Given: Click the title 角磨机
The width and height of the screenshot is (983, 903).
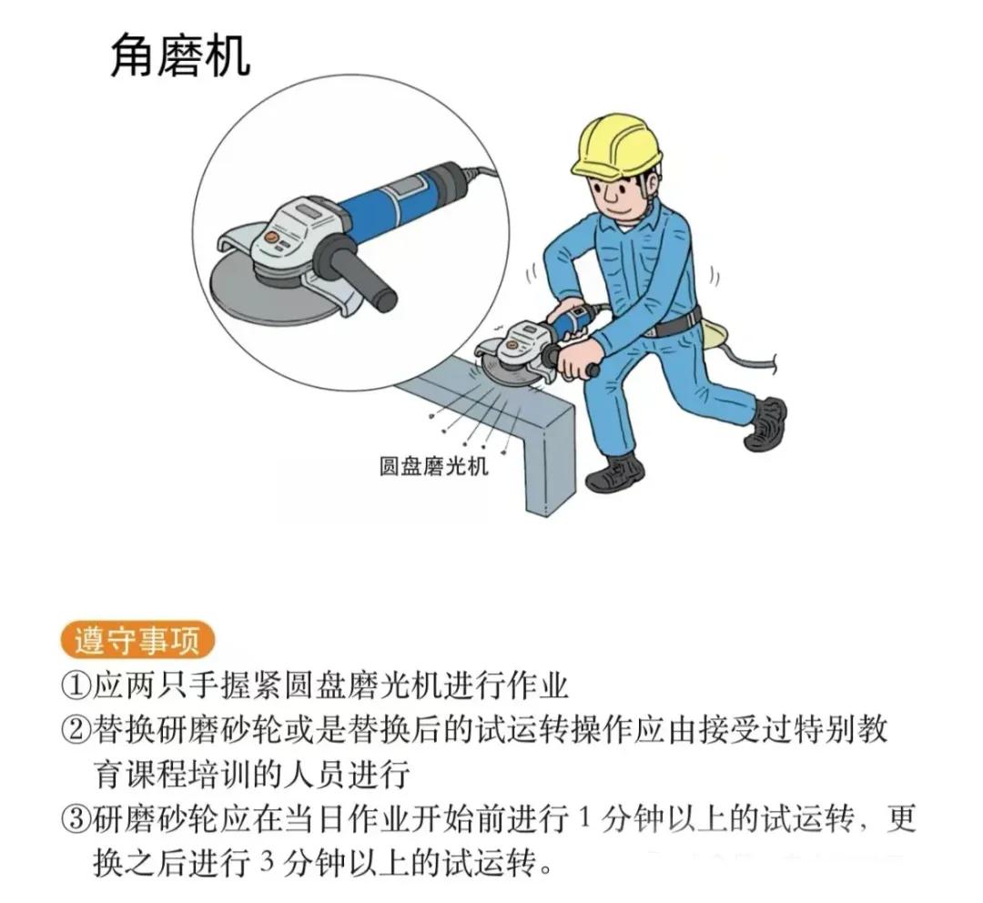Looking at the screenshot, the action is (180, 56).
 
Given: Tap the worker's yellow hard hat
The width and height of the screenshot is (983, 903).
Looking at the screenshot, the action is (616, 146).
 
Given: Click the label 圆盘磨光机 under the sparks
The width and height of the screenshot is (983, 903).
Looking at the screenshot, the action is (434, 466).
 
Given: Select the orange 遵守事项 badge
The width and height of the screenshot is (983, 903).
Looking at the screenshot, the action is (138, 641).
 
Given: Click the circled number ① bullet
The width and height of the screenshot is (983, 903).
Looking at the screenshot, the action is (76, 685).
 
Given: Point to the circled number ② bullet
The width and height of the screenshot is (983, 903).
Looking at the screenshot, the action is (76, 731).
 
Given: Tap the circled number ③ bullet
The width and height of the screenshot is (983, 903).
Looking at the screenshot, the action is (76, 819).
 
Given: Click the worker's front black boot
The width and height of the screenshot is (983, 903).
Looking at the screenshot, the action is (621, 472).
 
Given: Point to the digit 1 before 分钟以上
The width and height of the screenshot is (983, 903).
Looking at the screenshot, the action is (585, 819).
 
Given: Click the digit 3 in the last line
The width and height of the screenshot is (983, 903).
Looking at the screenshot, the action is (268, 863).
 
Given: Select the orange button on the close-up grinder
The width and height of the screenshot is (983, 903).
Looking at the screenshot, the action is (271, 238).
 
